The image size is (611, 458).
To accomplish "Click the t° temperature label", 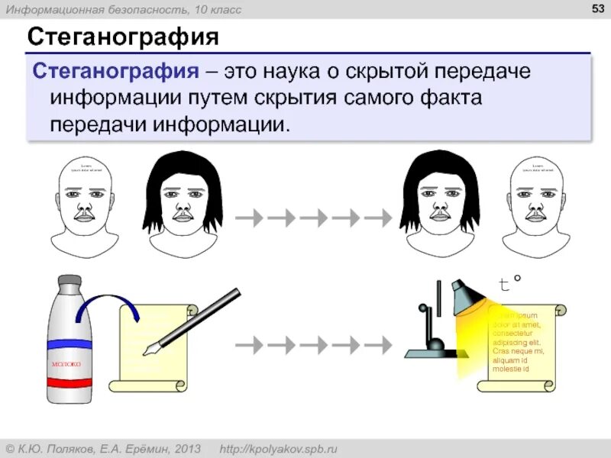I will [509, 284].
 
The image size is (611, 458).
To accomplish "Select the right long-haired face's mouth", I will [439, 217].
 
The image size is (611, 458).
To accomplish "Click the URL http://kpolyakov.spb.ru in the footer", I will [278, 448].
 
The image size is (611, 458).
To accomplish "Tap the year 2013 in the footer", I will [186, 448].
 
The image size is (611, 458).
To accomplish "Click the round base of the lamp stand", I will [435, 345].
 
